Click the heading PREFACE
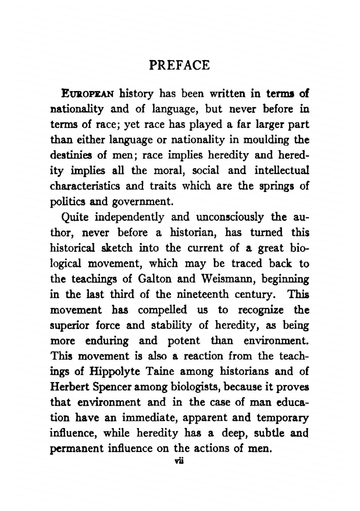tap(179, 66)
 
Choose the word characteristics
tap(85, 187)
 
